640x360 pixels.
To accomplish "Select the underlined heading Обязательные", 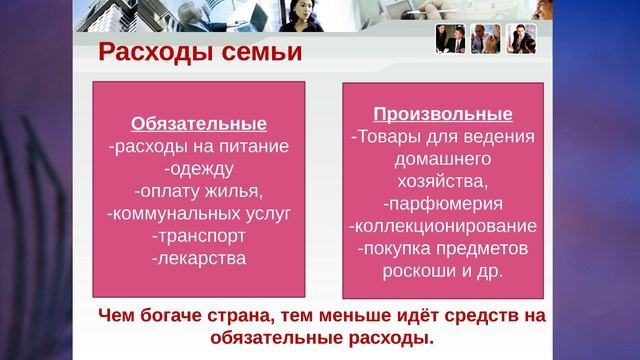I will tap(199, 125).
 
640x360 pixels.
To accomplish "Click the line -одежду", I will tap(199, 169).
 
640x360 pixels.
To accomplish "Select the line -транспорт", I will tap(199, 236).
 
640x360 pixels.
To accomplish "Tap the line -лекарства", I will tap(199, 258).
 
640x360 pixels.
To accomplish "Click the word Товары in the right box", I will tap(387, 136).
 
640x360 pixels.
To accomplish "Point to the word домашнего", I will tap(442, 158).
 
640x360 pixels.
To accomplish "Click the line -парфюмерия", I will tap(442, 203).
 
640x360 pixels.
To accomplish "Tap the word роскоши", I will tap(419, 270).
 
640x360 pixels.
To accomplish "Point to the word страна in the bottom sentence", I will tap(262, 317).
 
